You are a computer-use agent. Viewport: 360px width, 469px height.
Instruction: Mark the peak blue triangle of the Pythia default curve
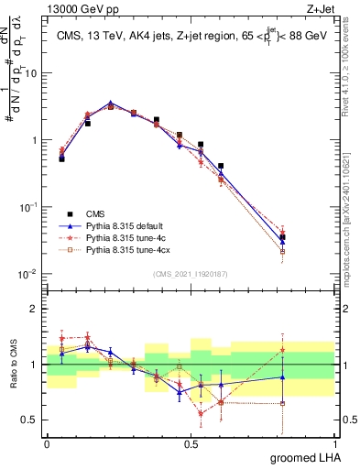[x=110, y=104]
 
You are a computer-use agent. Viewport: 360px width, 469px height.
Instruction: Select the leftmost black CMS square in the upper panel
[x=61, y=158]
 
